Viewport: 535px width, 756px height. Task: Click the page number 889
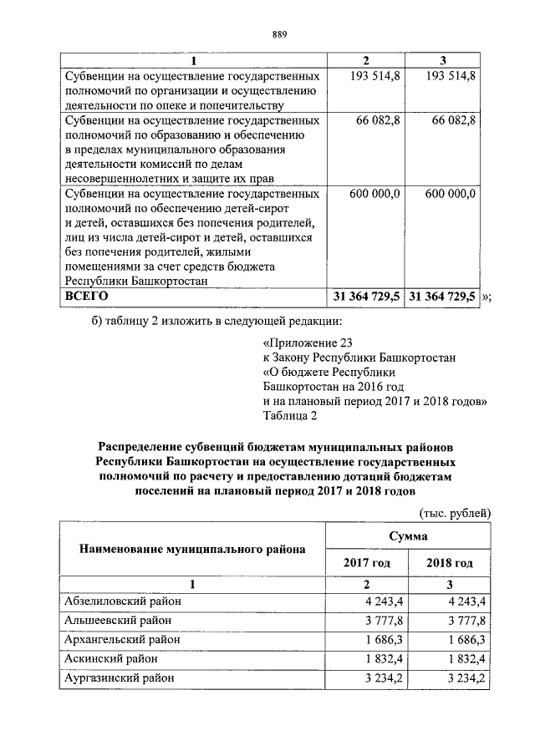pyautogui.click(x=280, y=34)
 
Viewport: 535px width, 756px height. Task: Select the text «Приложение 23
pyautogui.click(x=302, y=343)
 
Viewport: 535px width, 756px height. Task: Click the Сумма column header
pyautogui.click(x=408, y=535)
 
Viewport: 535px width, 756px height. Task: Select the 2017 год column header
pyautogui.click(x=367, y=563)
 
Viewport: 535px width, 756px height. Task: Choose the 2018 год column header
pyautogui.click(x=449, y=563)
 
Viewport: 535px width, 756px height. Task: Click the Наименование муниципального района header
pyautogui.click(x=192, y=549)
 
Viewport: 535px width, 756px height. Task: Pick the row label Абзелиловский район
pyautogui.click(x=123, y=601)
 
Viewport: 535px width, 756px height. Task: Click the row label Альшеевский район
pyautogui.click(x=118, y=620)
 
